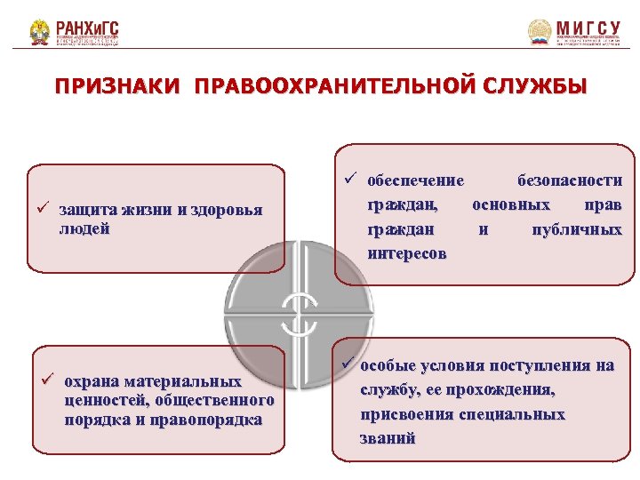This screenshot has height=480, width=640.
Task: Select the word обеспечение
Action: [415, 181]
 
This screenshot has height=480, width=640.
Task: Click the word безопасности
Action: [570, 181]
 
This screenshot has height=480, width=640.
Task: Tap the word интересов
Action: [407, 254]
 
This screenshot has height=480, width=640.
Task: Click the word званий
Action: [388, 438]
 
